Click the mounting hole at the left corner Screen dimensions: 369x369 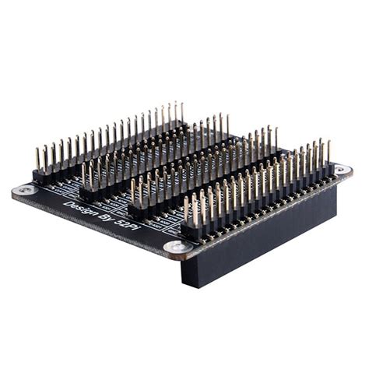click(x=26, y=189)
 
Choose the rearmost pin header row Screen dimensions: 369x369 click(x=109, y=144)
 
